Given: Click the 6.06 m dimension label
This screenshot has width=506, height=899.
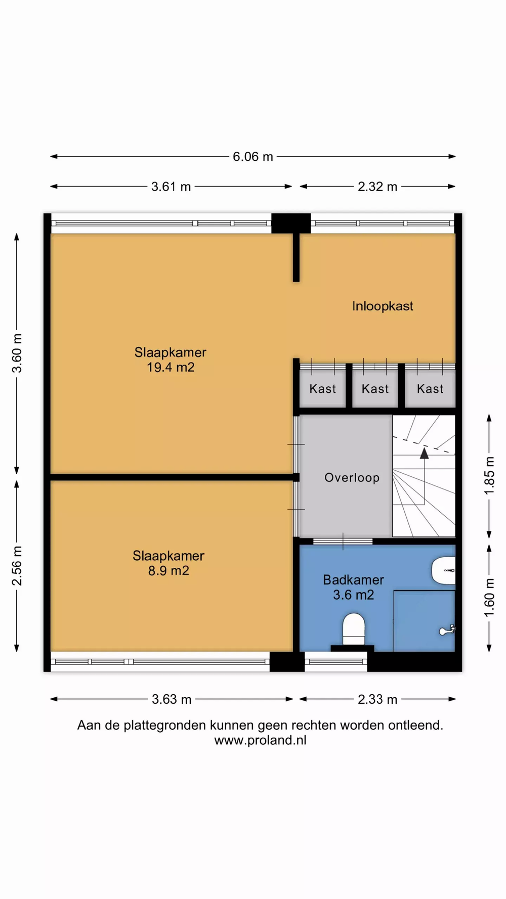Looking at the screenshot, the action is point(253,157).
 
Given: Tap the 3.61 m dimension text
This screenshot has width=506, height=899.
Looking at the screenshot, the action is point(171,187).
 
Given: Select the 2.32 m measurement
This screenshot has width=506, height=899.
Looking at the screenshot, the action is point(377,187).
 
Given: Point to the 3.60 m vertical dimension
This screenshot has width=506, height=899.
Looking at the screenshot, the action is point(17,353).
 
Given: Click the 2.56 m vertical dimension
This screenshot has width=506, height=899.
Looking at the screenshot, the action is point(17,566).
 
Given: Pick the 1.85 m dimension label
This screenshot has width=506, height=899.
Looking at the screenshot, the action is point(489,476).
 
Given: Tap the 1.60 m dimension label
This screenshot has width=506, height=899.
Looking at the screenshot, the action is point(489,598).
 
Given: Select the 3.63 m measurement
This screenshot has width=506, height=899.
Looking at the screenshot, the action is point(172,699).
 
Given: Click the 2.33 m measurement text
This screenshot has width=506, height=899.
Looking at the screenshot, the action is point(377,699).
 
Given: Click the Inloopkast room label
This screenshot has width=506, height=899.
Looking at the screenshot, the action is point(383,306).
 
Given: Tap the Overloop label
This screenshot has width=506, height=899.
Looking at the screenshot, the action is point(352,478).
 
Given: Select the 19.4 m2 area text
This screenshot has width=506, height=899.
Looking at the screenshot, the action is point(171,367).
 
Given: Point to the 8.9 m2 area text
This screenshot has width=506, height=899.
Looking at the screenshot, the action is point(168,571).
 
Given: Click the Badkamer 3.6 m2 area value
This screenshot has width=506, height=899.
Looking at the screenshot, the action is point(353,595).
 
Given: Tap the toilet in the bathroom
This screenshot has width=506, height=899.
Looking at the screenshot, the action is point(354,630).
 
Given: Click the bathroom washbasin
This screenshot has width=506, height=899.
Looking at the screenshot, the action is point(444,570).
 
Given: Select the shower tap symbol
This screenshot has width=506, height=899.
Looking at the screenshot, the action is point(447,630).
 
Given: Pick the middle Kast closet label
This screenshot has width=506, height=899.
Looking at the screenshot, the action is point(375,389).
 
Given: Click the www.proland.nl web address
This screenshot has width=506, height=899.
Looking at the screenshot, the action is point(261,740).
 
